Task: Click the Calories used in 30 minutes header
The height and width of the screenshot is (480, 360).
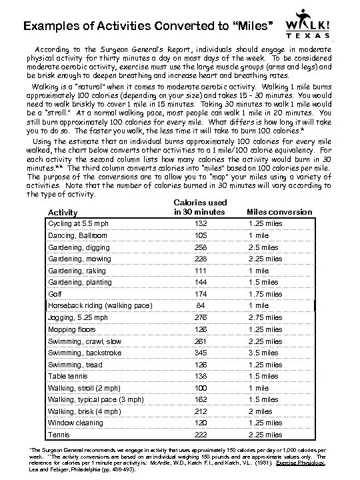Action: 200,207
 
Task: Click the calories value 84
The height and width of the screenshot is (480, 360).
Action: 200,305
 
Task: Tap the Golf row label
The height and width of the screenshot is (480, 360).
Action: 54,293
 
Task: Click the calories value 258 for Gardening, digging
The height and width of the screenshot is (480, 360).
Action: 200,247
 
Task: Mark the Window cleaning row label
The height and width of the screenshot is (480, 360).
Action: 74,423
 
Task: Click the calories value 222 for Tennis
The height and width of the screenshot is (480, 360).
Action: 200,435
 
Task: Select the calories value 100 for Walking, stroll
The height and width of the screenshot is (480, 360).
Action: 200,388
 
